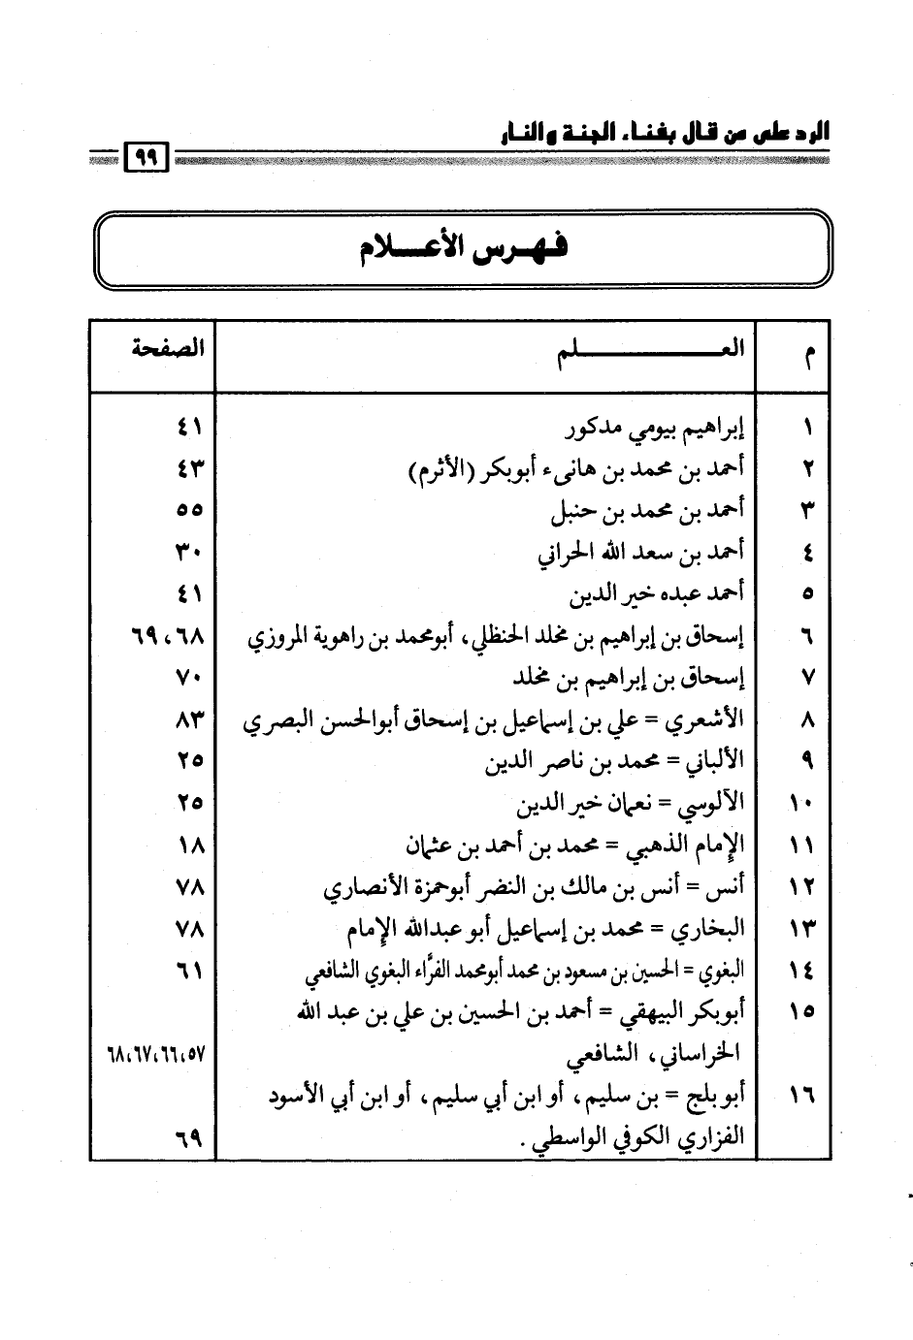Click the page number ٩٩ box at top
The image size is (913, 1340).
pos(147,157)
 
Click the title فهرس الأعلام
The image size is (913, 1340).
pos(462,250)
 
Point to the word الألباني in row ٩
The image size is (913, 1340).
pos(712,762)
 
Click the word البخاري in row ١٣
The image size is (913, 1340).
pos(713,929)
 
